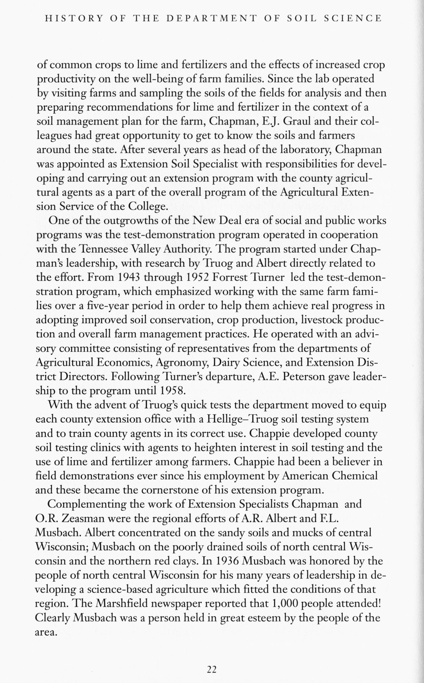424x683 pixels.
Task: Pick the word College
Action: coord(148,206)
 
